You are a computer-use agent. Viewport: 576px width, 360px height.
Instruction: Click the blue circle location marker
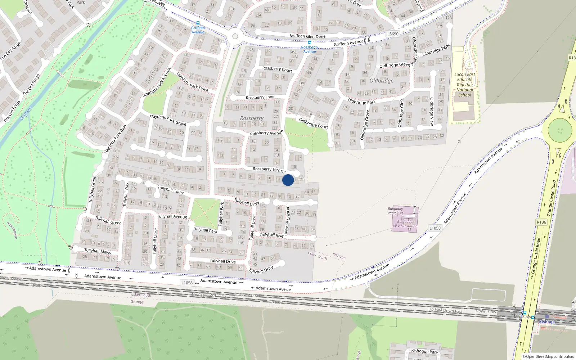288,180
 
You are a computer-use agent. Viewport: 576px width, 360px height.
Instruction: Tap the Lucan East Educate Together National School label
464,85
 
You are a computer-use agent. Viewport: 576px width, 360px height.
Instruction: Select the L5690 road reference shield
393,34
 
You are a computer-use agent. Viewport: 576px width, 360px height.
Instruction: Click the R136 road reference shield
541,222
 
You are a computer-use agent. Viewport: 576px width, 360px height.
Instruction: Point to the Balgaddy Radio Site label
395,211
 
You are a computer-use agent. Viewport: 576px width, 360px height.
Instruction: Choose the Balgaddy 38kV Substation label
405,224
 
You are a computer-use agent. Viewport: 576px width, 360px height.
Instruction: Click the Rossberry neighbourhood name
252,118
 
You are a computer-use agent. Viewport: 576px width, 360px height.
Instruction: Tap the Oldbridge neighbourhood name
381,81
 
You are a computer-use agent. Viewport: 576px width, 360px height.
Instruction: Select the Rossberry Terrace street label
269,169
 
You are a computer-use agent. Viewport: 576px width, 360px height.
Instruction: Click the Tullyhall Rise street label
271,235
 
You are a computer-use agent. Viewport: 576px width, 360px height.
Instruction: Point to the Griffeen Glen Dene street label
307,36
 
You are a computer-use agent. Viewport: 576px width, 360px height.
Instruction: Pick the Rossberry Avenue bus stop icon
309,42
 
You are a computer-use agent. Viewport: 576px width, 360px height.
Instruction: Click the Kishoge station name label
547,322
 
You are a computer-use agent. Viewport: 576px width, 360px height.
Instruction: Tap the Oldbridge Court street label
313,123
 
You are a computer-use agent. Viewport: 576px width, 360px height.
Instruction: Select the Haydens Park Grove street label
168,120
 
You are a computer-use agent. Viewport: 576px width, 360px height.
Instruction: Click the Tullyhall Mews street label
98,251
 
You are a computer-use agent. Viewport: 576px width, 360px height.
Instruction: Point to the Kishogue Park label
424,351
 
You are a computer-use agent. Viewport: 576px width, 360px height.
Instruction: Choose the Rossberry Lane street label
260,97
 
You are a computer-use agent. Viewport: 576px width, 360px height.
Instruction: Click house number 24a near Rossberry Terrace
301,178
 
